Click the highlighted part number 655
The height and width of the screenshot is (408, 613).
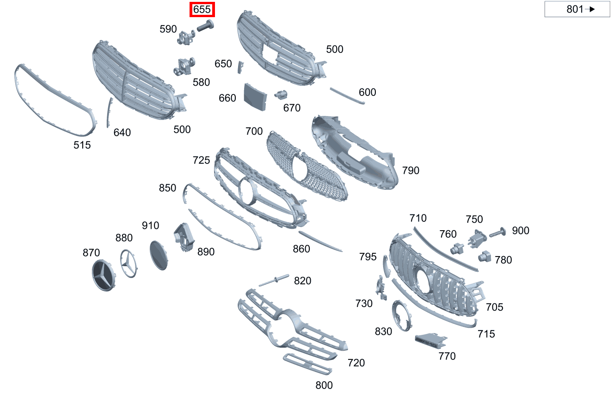coord(202,9)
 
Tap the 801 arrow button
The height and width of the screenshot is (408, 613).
coord(577,9)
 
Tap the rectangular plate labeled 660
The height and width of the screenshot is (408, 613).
coord(255,97)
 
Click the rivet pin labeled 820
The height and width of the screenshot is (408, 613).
coord(274,280)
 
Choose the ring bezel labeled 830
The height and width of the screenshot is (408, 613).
coord(400,316)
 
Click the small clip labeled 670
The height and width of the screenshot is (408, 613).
coord(280,95)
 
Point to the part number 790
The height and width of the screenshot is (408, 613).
coord(411,170)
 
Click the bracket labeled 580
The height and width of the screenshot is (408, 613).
coord(184,67)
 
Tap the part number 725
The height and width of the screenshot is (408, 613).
coord(201,160)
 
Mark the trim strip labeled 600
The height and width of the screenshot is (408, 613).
coord(347,95)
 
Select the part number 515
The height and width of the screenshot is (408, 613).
coord(82,145)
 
